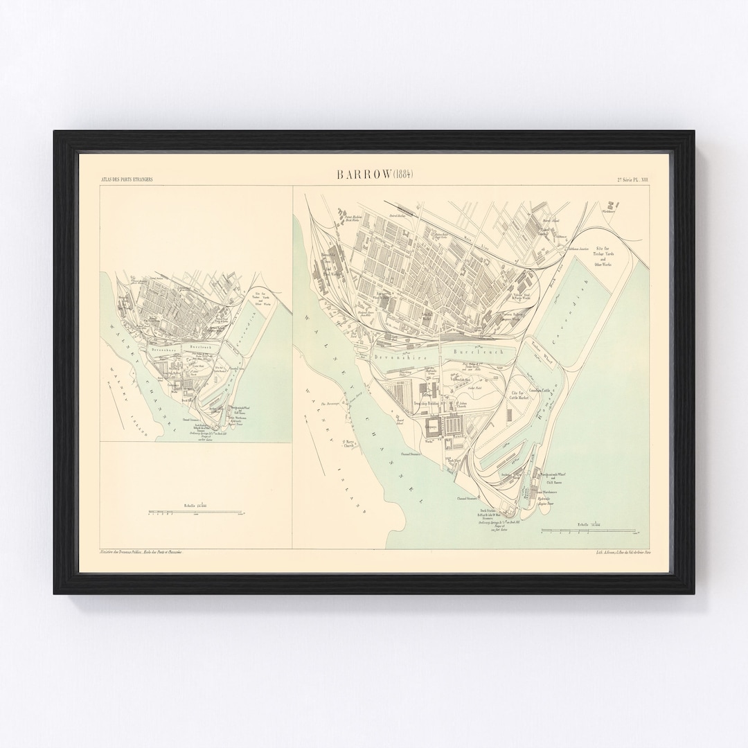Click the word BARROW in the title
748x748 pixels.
point(364,175)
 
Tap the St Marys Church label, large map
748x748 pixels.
point(348,445)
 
